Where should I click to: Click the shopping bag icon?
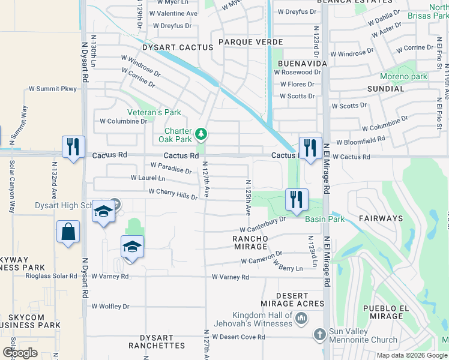point(68,232)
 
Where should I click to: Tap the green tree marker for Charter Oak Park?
point(202,133)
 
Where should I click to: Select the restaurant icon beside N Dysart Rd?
point(73,147)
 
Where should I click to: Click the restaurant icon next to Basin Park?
point(297,200)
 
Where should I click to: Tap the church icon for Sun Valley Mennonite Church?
point(320,334)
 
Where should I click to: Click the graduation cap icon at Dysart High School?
point(104,212)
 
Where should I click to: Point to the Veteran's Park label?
point(154,112)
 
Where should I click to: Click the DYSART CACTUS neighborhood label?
point(178,47)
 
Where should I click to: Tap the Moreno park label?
point(403,76)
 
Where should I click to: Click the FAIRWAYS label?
point(381,218)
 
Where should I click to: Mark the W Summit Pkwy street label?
point(53,89)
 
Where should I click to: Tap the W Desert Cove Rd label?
point(238,337)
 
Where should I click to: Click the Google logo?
point(20,353)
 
